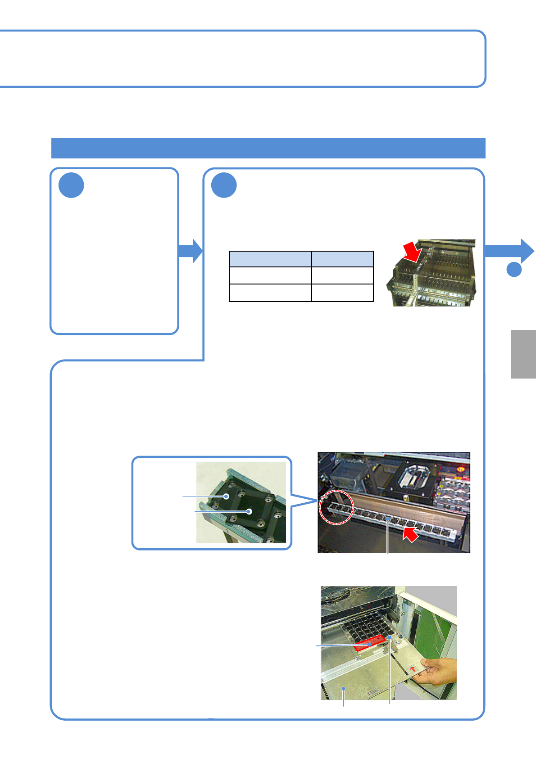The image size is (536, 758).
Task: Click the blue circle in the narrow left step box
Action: click(x=71, y=185)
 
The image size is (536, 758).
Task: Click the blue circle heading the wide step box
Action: click(x=224, y=185)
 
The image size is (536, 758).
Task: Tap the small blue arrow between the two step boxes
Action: click(x=191, y=251)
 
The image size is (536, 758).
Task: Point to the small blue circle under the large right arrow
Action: click(x=514, y=269)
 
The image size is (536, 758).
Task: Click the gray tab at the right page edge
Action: click(x=523, y=354)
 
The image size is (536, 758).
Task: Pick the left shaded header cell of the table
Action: click(x=270, y=259)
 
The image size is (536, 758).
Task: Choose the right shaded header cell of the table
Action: click(x=342, y=259)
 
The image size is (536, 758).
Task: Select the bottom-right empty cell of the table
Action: click(x=342, y=293)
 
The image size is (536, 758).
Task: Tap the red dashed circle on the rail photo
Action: click(x=336, y=507)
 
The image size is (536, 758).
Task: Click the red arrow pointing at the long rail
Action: click(x=410, y=534)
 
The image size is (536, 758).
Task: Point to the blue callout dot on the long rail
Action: click(x=387, y=519)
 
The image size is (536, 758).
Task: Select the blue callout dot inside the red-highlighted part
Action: click(x=370, y=644)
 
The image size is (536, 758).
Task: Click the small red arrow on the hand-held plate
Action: click(x=413, y=668)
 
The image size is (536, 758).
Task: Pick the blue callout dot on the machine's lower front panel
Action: click(x=344, y=688)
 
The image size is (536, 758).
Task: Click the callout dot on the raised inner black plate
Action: click(x=249, y=511)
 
